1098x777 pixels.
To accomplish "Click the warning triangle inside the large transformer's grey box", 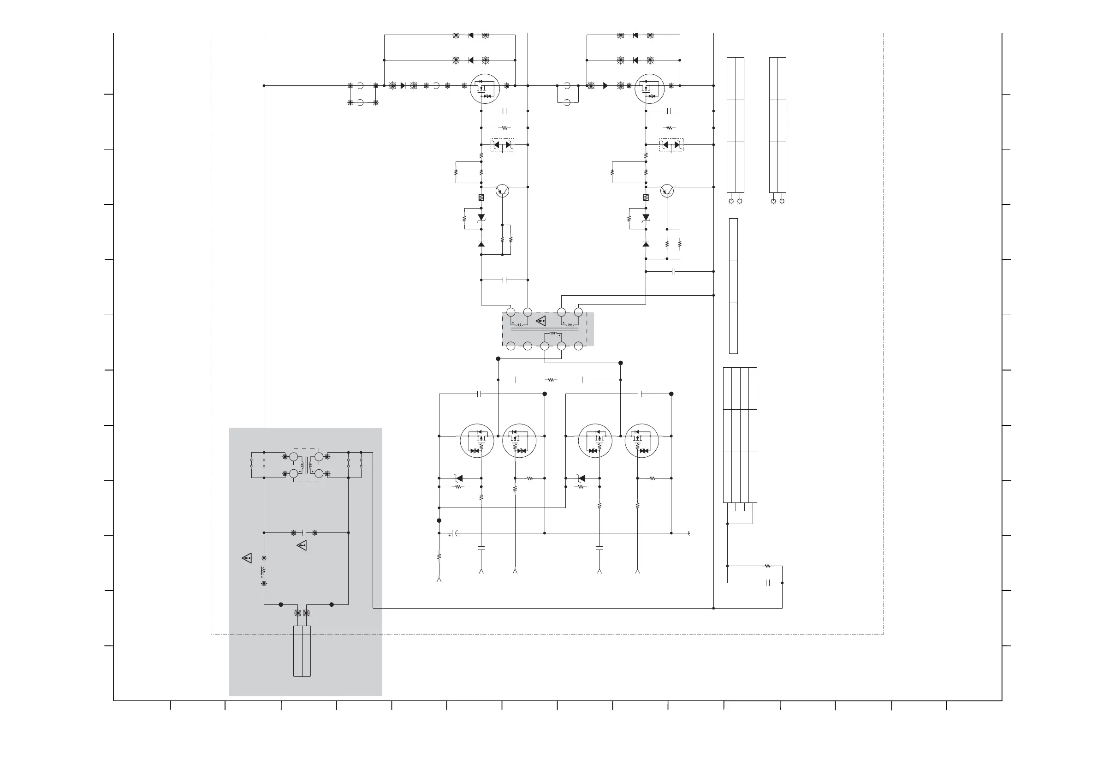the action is click(541, 321).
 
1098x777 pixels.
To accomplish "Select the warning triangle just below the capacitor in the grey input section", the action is click(302, 545).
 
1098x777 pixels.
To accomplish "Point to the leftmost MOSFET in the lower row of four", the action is click(477, 441).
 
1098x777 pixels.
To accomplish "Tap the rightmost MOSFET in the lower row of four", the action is click(641, 441).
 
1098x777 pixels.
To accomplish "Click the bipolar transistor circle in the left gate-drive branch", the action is click(502, 191).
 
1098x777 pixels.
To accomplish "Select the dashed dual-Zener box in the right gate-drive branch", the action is click(671, 144).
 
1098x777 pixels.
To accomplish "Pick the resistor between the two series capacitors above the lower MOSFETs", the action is click(551, 380).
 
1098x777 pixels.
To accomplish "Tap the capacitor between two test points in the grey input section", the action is click(304, 532).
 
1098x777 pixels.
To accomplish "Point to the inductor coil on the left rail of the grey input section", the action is click(262, 570).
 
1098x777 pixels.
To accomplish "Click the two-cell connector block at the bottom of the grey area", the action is click(302, 651).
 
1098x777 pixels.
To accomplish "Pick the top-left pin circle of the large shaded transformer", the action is click(511, 312).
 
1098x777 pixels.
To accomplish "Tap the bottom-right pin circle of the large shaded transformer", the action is click(578, 346).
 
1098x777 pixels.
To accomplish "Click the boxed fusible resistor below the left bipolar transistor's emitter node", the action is click(481, 197).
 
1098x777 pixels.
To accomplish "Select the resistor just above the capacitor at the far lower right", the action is click(767, 566).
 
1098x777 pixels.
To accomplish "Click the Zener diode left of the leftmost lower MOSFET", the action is click(459, 478).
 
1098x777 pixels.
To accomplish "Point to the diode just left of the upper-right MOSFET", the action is click(606, 86).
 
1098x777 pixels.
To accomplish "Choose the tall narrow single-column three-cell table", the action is click(733, 286).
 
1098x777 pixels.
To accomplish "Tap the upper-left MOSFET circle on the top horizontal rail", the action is click(485, 89).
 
